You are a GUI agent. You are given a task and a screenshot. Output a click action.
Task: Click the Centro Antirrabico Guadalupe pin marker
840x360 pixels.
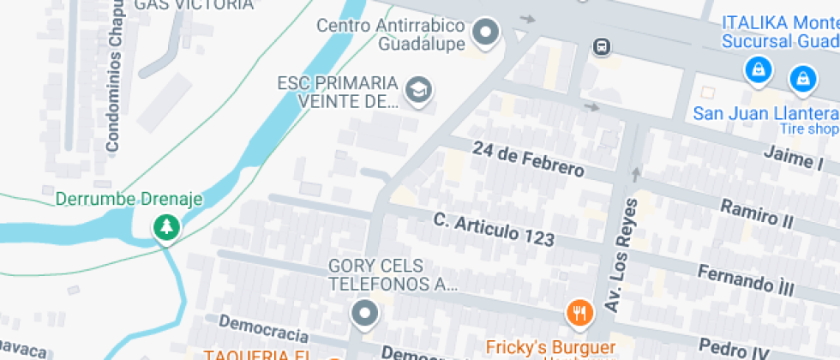click(487, 33)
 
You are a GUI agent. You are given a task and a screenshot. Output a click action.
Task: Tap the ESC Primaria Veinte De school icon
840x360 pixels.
click(418, 88)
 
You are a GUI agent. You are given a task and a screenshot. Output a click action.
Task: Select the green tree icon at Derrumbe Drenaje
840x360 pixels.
click(165, 227)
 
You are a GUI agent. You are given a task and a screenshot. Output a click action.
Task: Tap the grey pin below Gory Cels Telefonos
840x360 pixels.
click(366, 313)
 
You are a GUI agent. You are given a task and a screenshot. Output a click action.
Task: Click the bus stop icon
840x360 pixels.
click(602, 46)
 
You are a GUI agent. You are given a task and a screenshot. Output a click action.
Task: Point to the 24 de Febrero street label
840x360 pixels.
click(528, 159)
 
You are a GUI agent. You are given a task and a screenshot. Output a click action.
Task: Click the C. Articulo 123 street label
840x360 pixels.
click(494, 229)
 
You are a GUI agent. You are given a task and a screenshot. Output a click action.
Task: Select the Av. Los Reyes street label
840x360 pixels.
click(621, 255)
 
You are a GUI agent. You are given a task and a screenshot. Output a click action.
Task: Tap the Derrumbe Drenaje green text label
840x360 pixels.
click(129, 200)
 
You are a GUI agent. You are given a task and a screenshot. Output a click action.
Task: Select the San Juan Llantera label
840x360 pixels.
click(765, 113)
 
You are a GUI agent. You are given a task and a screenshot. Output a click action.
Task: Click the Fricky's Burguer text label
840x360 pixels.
click(550, 347)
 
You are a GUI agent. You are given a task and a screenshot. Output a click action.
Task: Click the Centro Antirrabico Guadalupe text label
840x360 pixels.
click(391, 34)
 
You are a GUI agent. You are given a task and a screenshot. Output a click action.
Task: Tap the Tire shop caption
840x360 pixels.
click(808, 129)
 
